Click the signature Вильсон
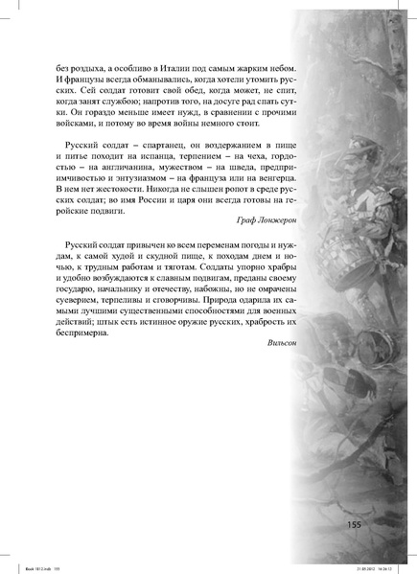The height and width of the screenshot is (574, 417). [282, 366]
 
